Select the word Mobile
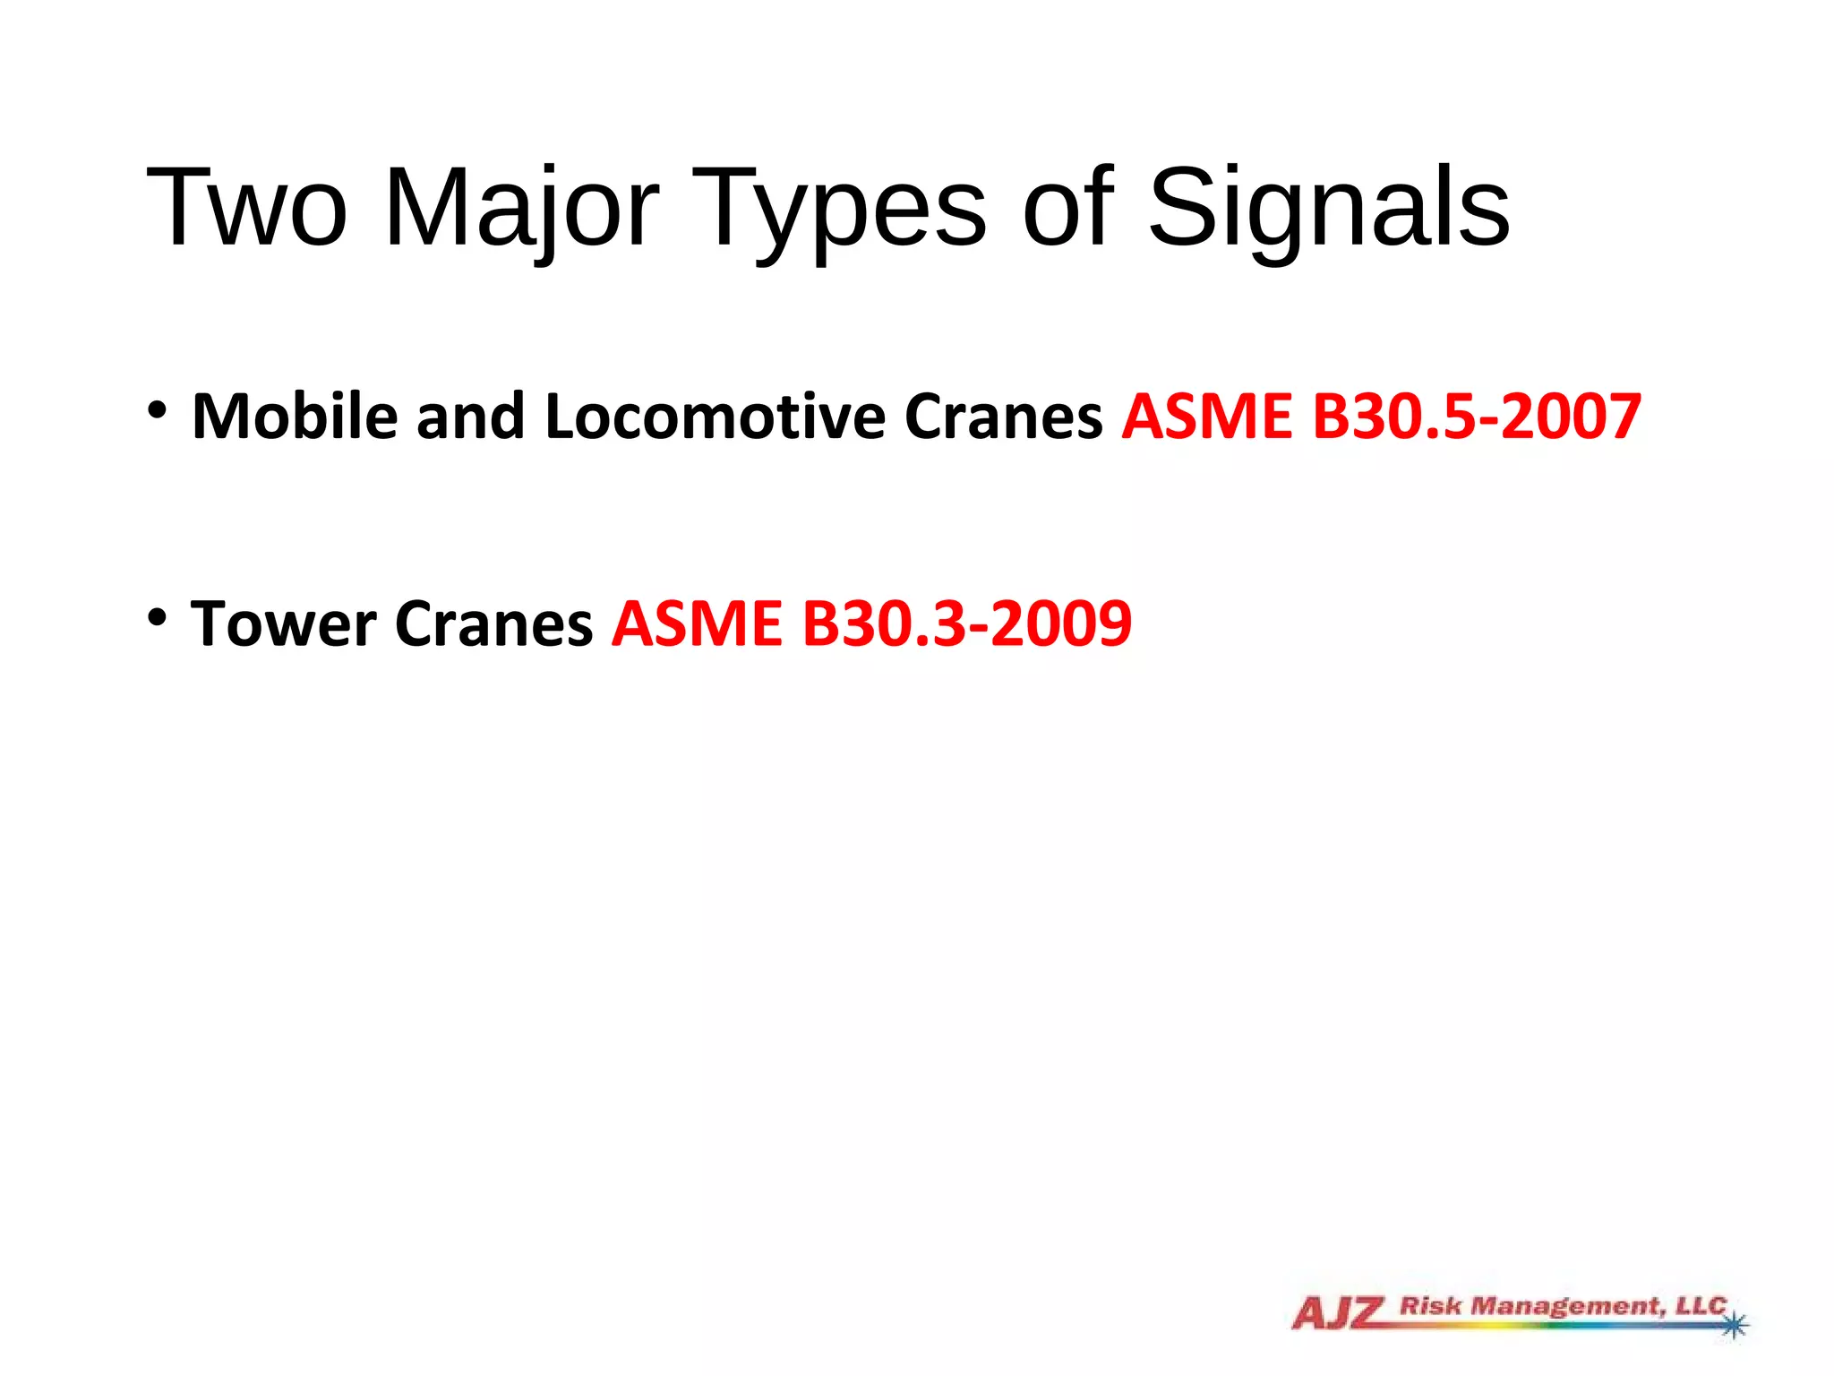(x=295, y=417)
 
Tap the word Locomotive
(x=715, y=417)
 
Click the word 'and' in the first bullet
(x=470, y=417)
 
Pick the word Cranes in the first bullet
(x=1003, y=417)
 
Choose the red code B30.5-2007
(x=1477, y=417)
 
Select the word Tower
(x=283, y=623)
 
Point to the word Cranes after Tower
(x=493, y=623)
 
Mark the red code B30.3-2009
(x=966, y=623)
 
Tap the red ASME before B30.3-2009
(x=697, y=623)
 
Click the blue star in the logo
(x=1735, y=1323)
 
